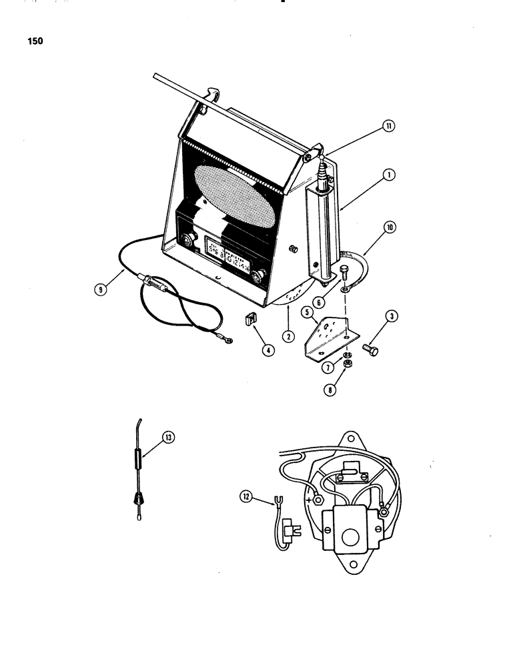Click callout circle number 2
tap(288, 336)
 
